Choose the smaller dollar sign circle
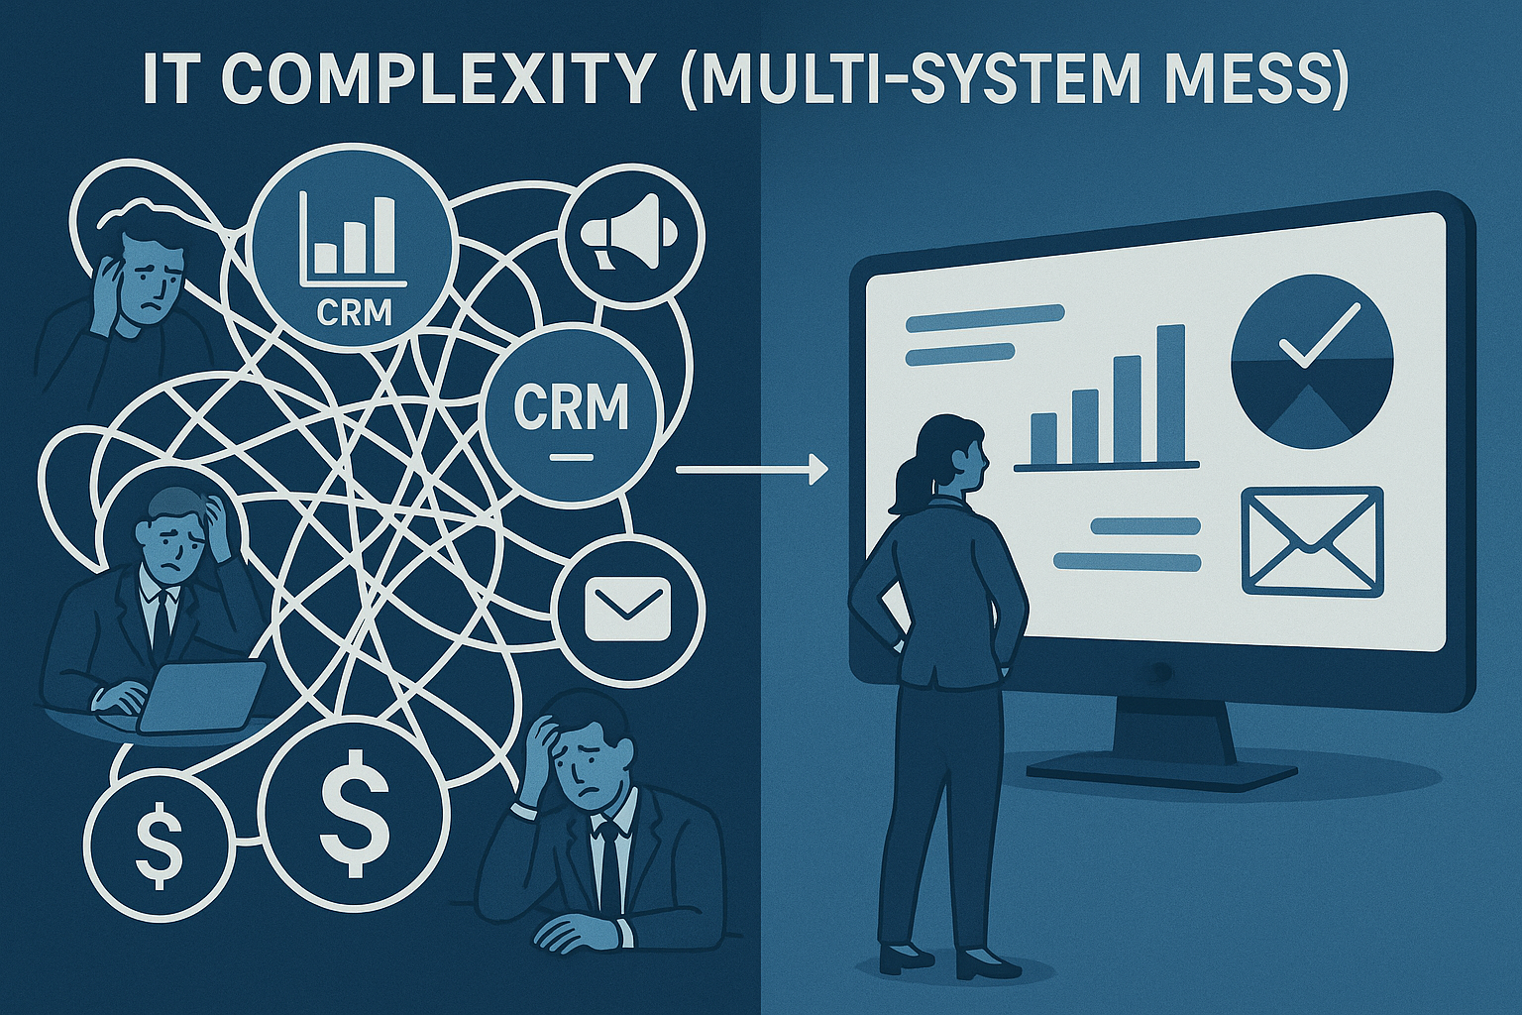point(158,838)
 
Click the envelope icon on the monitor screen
point(1311,542)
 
